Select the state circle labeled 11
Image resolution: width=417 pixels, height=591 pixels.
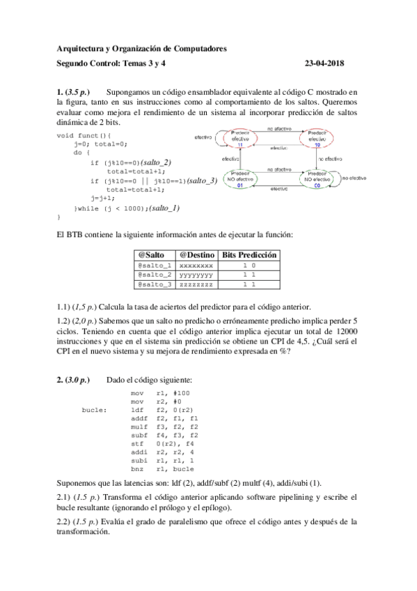coord(240,139)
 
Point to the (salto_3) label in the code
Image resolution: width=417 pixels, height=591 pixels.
coord(203,180)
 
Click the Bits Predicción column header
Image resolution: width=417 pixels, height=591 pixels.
coord(249,256)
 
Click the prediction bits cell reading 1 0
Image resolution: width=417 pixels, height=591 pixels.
coord(249,266)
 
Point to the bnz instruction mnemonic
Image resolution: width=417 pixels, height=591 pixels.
coord(136,469)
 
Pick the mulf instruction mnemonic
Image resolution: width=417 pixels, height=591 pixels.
coord(138,427)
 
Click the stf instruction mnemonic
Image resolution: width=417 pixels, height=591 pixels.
coord(136,444)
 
